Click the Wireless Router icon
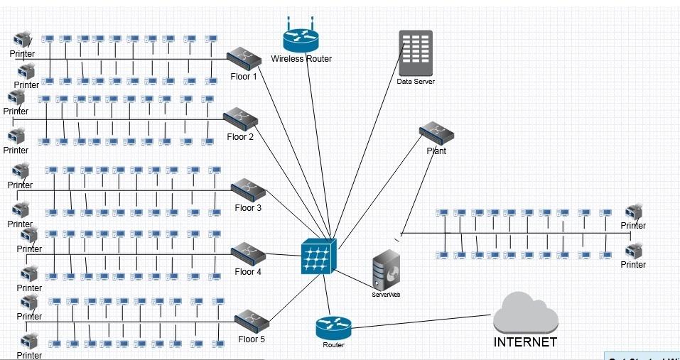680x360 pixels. point(301,38)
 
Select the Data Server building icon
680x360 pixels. point(416,53)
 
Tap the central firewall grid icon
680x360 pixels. point(317,255)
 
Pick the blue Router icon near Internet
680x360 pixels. point(333,327)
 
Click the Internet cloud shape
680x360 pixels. point(524,312)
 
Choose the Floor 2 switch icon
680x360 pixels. point(240,118)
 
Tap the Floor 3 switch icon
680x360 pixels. point(248,189)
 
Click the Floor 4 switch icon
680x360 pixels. point(248,253)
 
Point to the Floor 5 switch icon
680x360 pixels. point(251,320)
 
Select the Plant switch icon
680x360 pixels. point(436,133)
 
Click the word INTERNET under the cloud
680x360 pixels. point(525,342)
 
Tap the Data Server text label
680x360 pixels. point(416,82)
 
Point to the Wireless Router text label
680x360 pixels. point(301,59)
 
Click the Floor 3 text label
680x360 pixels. point(248,208)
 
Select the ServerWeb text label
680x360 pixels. point(386,294)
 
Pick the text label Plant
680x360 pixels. point(436,151)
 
